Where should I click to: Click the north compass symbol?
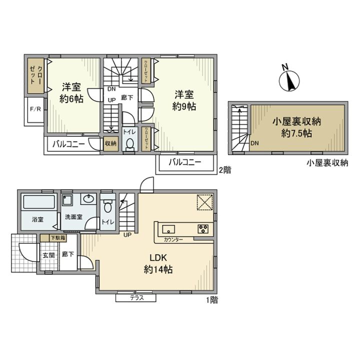pyautogui.click(x=288, y=79)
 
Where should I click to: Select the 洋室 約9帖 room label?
pyautogui.click(x=183, y=99)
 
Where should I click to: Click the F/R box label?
pyautogui.click(x=35, y=109)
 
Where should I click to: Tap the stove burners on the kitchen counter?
pyautogui.click(x=204, y=230)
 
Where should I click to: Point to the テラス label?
pyautogui.click(x=136, y=298)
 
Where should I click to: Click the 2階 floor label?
pyautogui.click(x=224, y=170)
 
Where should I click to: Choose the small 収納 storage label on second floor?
pyautogui.click(x=110, y=143)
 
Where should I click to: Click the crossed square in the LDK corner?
pyautogui.click(x=204, y=202)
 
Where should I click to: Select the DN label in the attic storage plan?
pyautogui.click(x=254, y=143)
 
